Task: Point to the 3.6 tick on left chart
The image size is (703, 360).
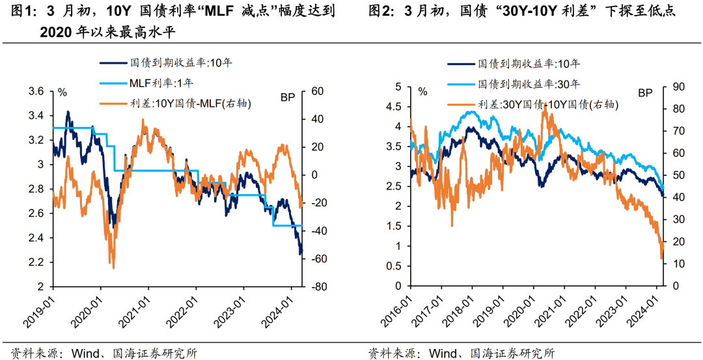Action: coord(37,92)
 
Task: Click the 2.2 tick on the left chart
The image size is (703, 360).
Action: coord(37,262)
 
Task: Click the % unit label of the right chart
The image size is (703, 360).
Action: coord(422,92)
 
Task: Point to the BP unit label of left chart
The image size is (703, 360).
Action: coord(288,98)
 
